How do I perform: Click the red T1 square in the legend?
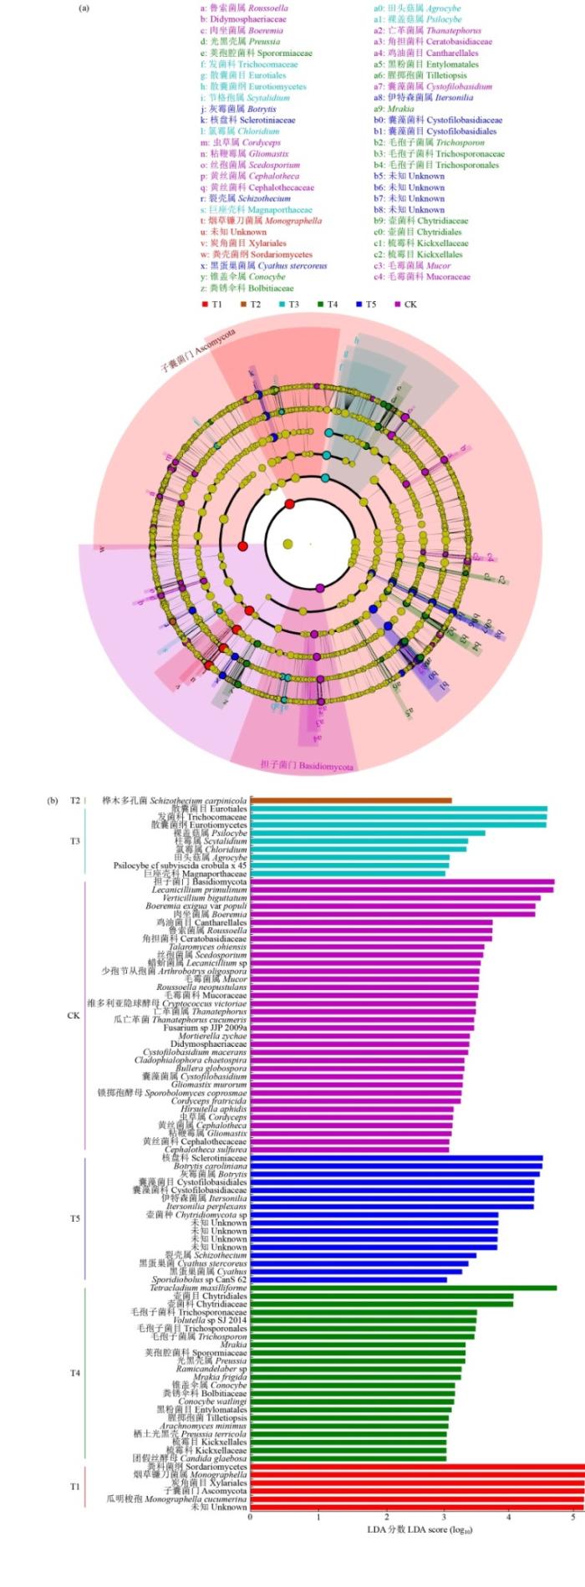pyautogui.click(x=205, y=304)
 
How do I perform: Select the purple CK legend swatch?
pyautogui.click(x=398, y=304)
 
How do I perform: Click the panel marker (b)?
pyautogui.click(x=53, y=800)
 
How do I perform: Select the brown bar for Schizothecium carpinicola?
pyautogui.click(x=351, y=800)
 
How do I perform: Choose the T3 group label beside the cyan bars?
pyautogui.click(x=74, y=841)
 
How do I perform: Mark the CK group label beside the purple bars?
pyautogui.click(x=74, y=1015)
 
